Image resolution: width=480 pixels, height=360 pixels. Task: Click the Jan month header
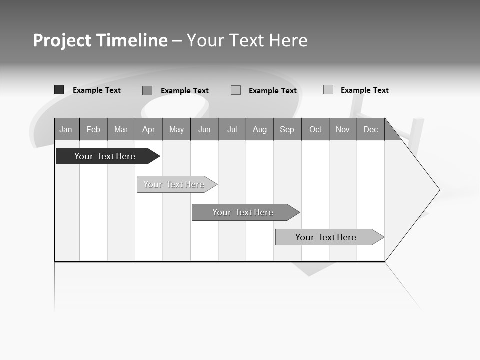(66, 129)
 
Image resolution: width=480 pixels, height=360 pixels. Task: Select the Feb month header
(93, 129)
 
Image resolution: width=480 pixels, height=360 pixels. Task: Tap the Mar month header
(121, 129)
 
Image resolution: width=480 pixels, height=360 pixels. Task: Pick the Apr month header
(149, 129)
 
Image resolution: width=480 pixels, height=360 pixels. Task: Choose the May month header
(176, 129)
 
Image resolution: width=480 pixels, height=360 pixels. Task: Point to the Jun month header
(204, 129)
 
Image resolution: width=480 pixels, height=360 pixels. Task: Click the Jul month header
(232, 129)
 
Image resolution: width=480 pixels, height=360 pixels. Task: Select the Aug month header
(260, 129)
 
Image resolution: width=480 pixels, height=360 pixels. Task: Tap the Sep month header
(287, 129)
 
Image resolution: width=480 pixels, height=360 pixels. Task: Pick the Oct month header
(315, 129)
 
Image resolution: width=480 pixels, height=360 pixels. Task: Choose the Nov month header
(343, 129)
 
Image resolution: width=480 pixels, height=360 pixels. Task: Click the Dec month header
(371, 129)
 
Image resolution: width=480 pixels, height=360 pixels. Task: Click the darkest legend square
(59, 90)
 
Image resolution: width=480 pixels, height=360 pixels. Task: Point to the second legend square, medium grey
(147, 90)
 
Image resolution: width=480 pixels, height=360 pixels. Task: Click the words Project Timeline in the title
(100, 40)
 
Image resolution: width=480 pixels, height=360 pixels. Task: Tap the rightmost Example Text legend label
(364, 90)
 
